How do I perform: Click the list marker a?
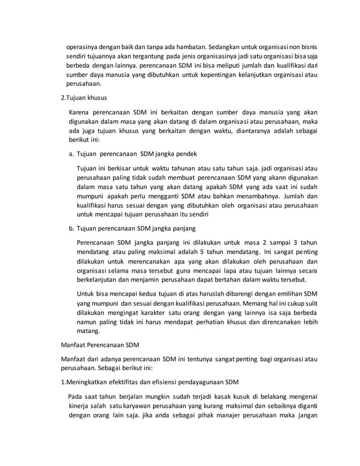[71, 153]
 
